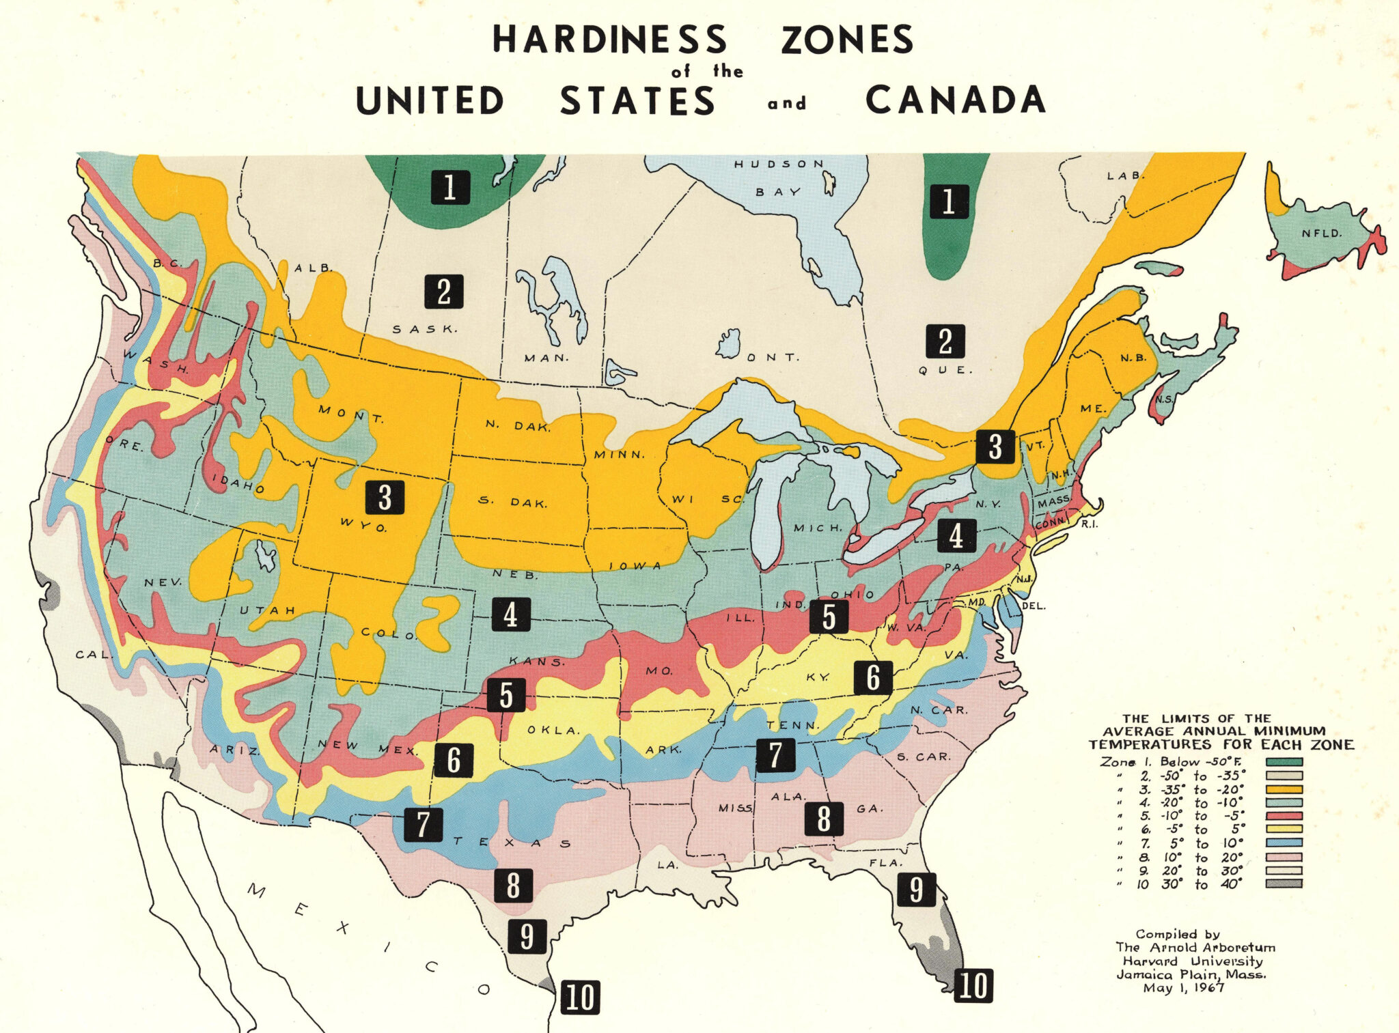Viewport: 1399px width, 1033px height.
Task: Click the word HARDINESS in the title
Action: (610, 40)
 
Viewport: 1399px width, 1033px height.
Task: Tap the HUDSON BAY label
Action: (779, 178)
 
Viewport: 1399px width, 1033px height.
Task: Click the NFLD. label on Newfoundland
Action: (1321, 234)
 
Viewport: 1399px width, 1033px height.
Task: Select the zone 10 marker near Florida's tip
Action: (973, 985)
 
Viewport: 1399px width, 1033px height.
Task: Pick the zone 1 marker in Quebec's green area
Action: (948, 201)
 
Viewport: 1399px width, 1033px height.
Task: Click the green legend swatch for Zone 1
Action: (1284, 762)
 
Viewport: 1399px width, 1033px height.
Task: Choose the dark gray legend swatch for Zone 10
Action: (1284, 883)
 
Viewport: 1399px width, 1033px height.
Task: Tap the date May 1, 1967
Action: (1183, 988)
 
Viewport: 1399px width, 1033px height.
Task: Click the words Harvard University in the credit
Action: (1193, 961)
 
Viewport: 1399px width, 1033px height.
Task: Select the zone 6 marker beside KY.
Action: (873, 677)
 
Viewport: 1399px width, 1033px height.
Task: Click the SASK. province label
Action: (424, 329)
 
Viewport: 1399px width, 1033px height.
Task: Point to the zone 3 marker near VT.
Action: (995, 447)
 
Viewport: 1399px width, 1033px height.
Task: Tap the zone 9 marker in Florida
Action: (916, 889)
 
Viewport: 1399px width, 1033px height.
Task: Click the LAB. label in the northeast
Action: (1124, 176)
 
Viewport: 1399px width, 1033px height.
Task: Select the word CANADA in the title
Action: (956, 100)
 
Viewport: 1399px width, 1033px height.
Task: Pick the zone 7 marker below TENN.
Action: (775, 755)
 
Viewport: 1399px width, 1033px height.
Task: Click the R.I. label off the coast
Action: (1088, 524)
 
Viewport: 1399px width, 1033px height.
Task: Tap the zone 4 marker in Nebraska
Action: (510, 614)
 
